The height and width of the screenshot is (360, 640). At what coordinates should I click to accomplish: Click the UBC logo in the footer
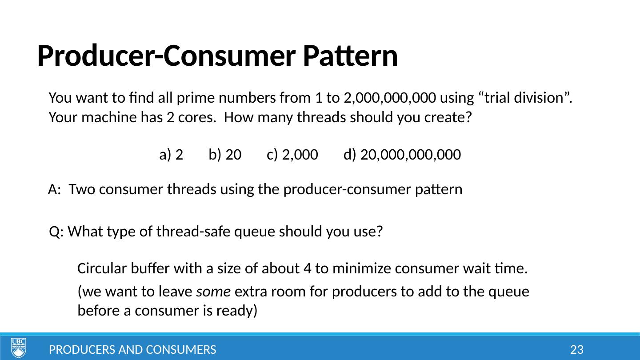(x=19, y=348)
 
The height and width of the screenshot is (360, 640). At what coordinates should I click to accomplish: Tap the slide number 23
(x=576, y=350)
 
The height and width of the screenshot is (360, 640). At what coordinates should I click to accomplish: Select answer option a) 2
(x=171, y=155)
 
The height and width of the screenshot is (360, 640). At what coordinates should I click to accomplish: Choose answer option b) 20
(x=225, y=155)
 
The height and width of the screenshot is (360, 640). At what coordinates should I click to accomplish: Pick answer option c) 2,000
(x=292, y=155)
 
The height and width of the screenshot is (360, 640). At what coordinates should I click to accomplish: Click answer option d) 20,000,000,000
(x=402, y=155)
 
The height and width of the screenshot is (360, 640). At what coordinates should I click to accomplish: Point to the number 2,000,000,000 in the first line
(x=390, y=98)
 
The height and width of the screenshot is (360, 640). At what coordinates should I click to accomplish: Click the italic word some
(x=213, y=292)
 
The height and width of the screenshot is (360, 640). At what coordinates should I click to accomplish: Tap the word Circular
(x=102, y=268)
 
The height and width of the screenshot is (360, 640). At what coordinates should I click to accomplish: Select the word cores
(x=197, y=118)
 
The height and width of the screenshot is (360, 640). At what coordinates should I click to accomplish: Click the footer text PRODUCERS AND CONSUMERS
(x=132, y=350)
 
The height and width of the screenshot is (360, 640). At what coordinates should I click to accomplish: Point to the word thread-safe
(x=193, y=231)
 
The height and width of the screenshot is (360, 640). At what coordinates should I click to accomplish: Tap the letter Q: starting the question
(x=56, y=232)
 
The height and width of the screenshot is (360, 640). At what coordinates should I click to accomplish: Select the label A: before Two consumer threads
(x=55, y=189)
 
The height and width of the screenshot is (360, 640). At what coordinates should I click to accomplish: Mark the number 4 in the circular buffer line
(x=308, y=268)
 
